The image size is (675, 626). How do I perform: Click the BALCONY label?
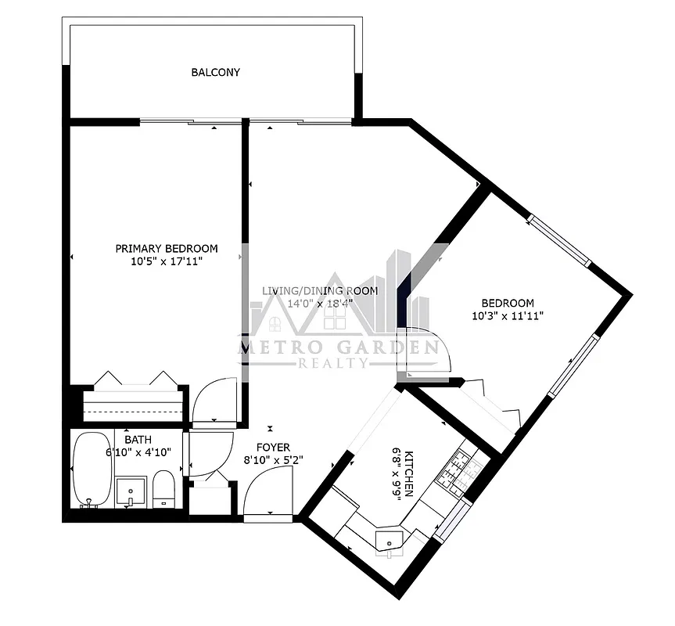pos(215,73)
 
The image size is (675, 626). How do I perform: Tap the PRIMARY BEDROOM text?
pos(167,248)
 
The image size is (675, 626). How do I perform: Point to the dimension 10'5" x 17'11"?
pos(167,262)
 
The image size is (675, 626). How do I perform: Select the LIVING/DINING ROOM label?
pos(319,290)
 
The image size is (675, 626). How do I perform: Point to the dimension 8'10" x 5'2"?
pos(272,461)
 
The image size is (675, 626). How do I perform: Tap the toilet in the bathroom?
pos(163,488)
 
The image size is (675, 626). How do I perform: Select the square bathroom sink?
pos(129,491)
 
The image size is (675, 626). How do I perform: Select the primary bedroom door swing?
pos(214,401)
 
